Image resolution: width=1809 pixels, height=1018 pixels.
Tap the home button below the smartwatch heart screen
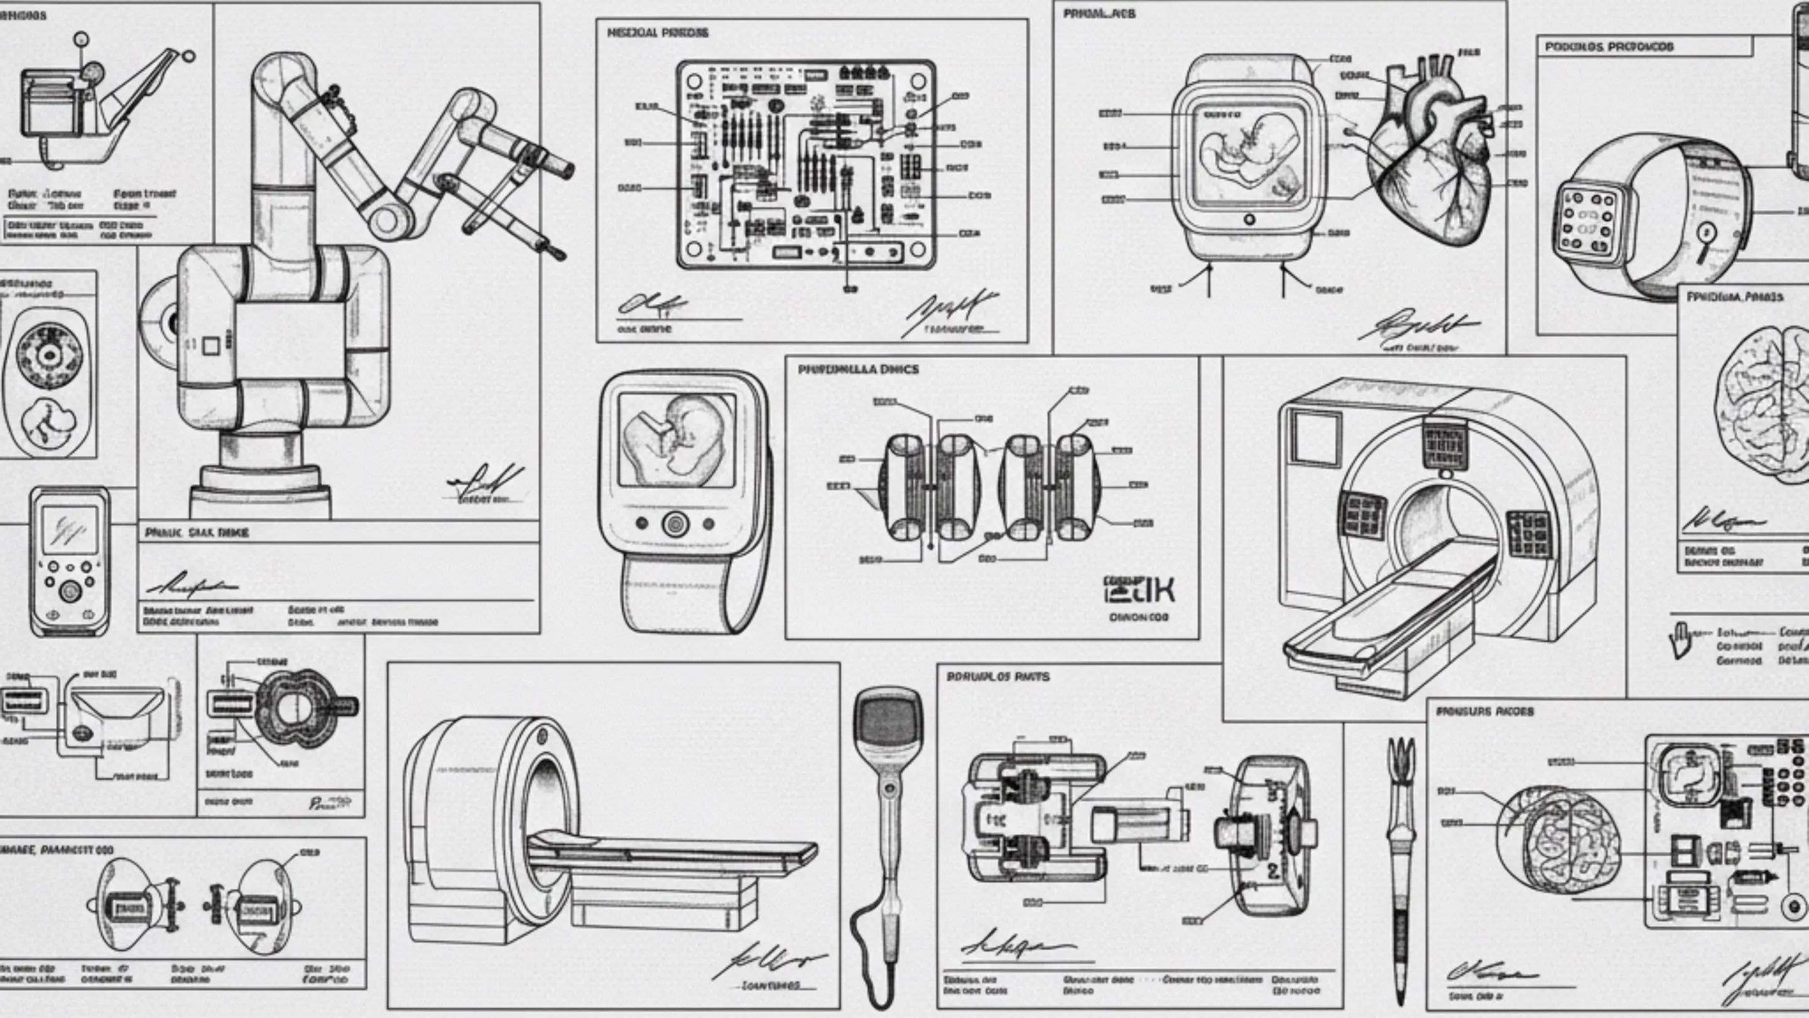[x=1249, y=220]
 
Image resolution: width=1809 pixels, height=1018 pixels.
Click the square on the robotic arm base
[x=210, y=345]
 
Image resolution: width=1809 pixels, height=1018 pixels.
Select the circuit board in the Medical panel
[x=805, y=165]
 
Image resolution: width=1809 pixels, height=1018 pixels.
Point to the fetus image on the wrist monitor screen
[x=676, y=439]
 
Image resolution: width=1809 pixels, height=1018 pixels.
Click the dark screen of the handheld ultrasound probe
[x=888, y=721]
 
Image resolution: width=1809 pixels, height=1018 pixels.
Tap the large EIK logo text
[x=1139, y=591]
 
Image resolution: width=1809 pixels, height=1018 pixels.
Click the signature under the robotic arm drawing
[x=484, y=484]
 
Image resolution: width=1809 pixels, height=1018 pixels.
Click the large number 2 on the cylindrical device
[x=1273, y=871]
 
